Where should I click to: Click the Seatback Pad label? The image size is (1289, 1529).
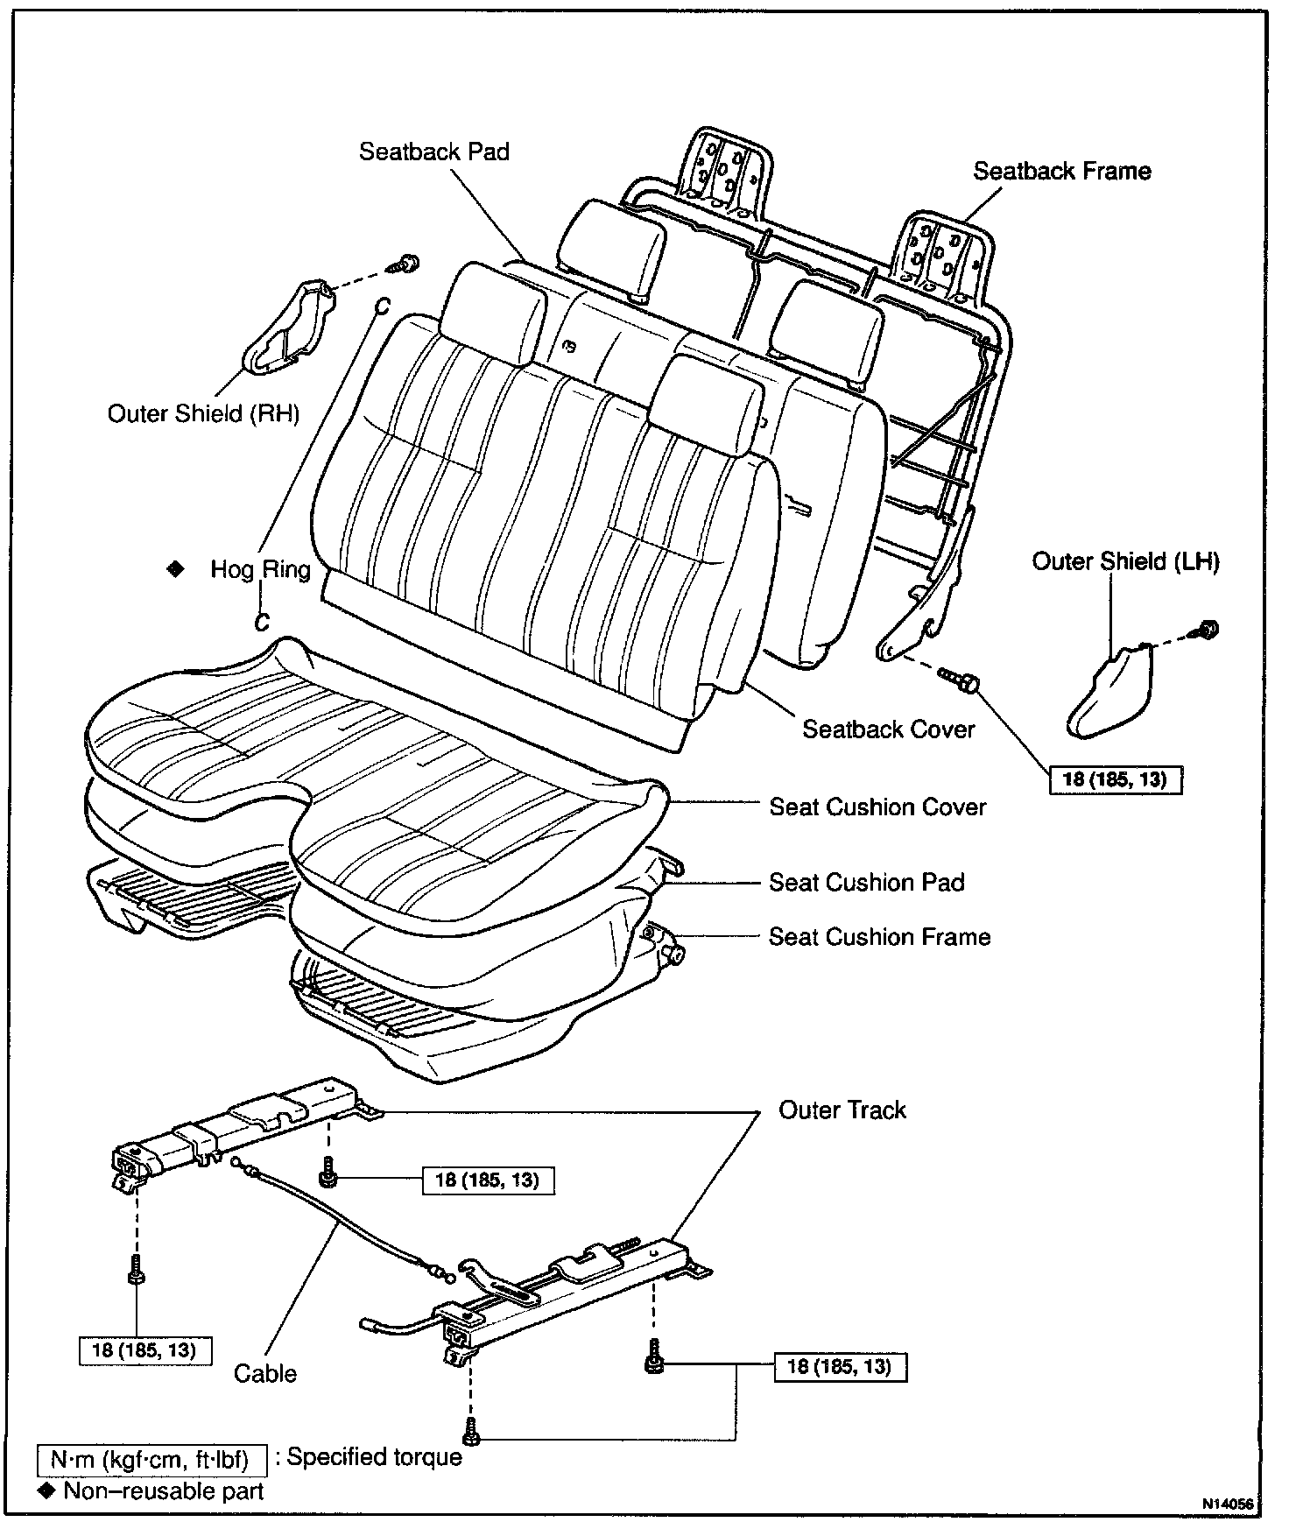click(x=434, y=151)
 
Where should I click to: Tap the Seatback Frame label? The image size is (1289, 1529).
click(x=1061, y=171)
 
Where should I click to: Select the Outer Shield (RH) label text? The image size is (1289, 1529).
click(x=203, y=413)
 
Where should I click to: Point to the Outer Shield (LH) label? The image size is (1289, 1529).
click(x=1125, y=561)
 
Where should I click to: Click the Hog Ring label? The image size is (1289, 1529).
click(x=260, y=570)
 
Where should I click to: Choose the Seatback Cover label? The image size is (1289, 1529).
click(x=888, y=729)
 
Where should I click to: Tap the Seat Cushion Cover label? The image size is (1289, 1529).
click(x=877, y=807)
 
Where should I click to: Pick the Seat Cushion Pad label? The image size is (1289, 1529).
click(x=866, y=882)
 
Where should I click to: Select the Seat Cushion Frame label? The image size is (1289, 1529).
click(x=879, y=937)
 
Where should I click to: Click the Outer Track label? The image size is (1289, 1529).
click(x=842, y=1110)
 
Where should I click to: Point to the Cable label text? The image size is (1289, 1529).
click(x=265, y=1373)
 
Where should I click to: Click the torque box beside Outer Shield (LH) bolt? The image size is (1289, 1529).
click(x=1115, y=779)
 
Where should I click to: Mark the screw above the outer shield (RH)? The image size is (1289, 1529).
click(x=407, y=262)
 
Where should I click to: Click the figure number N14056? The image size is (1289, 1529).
click(x=1229, y=1504)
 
